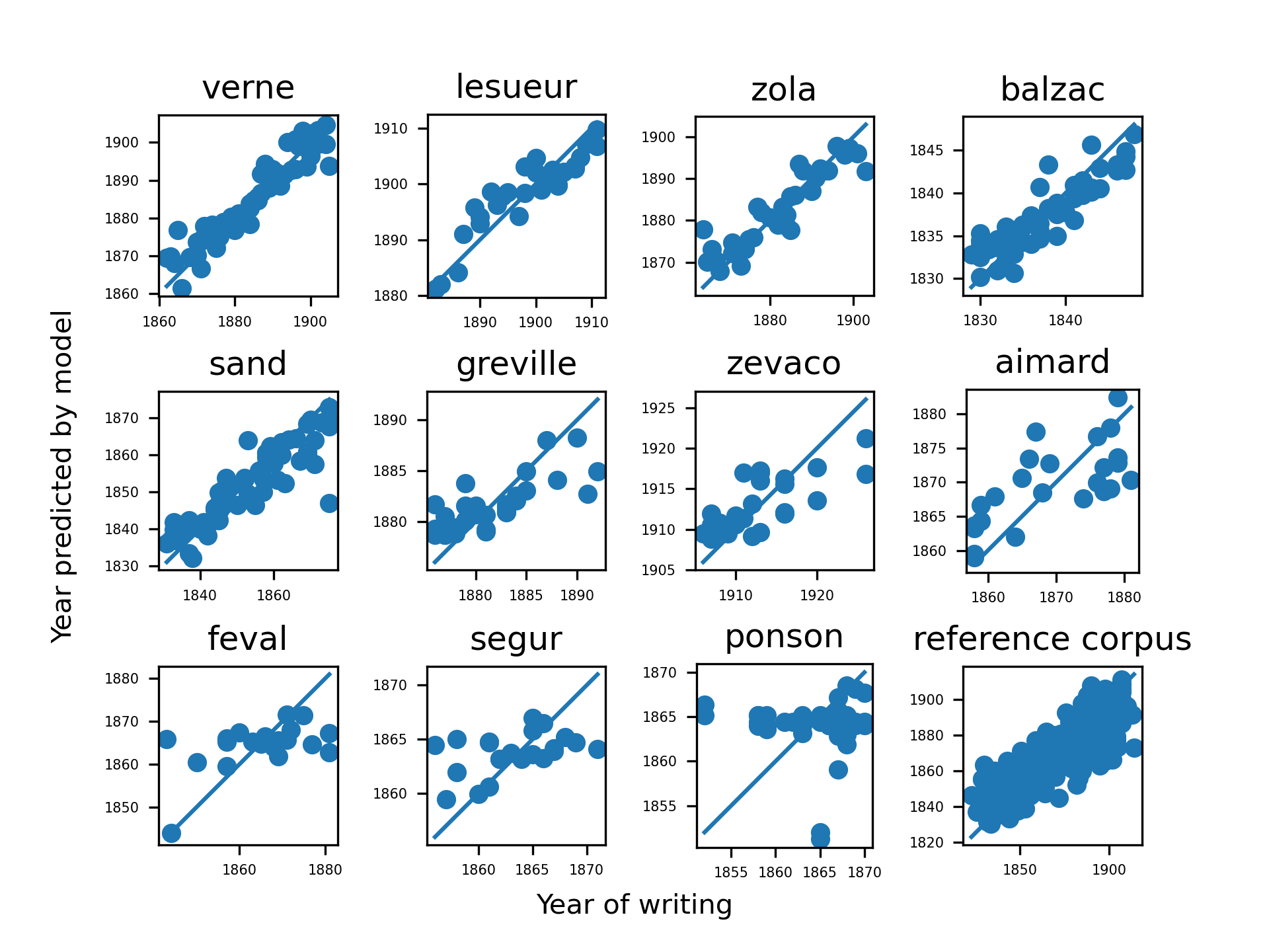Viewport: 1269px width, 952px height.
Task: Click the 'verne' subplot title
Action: (248, 88)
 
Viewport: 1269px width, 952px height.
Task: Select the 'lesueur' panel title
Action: (516, 87)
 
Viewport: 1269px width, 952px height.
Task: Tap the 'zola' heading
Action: (784, 90)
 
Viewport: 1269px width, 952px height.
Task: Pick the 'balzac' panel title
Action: (1052, 90)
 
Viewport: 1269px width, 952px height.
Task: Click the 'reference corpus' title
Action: (1052, 639)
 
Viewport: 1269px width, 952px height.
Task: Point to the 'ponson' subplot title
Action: (784, 637)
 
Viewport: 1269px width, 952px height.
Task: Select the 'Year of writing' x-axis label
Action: (634, 905)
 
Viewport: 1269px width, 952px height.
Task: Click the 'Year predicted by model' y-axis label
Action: (62, 476)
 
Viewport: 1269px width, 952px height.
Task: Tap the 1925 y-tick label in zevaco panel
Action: (658, 408)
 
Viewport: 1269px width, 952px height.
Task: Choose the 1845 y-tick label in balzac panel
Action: (927, 150)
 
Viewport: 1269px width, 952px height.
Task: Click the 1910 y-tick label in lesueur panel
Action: (391, 128)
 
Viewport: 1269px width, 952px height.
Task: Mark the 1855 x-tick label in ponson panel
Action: (731, 873)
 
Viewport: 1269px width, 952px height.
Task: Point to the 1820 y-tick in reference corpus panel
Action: (927, 842)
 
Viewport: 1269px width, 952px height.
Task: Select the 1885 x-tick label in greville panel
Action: (526, 596)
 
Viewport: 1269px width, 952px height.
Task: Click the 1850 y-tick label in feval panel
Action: (122, 808)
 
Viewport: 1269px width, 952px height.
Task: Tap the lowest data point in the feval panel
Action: (171, 833)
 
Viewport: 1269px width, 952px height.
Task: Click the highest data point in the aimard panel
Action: (1118, 397)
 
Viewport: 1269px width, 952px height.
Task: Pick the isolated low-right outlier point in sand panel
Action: (329, 503)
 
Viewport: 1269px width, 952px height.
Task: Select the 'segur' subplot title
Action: (516, 639)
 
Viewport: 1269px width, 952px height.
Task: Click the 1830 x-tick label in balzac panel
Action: (980, 321)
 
